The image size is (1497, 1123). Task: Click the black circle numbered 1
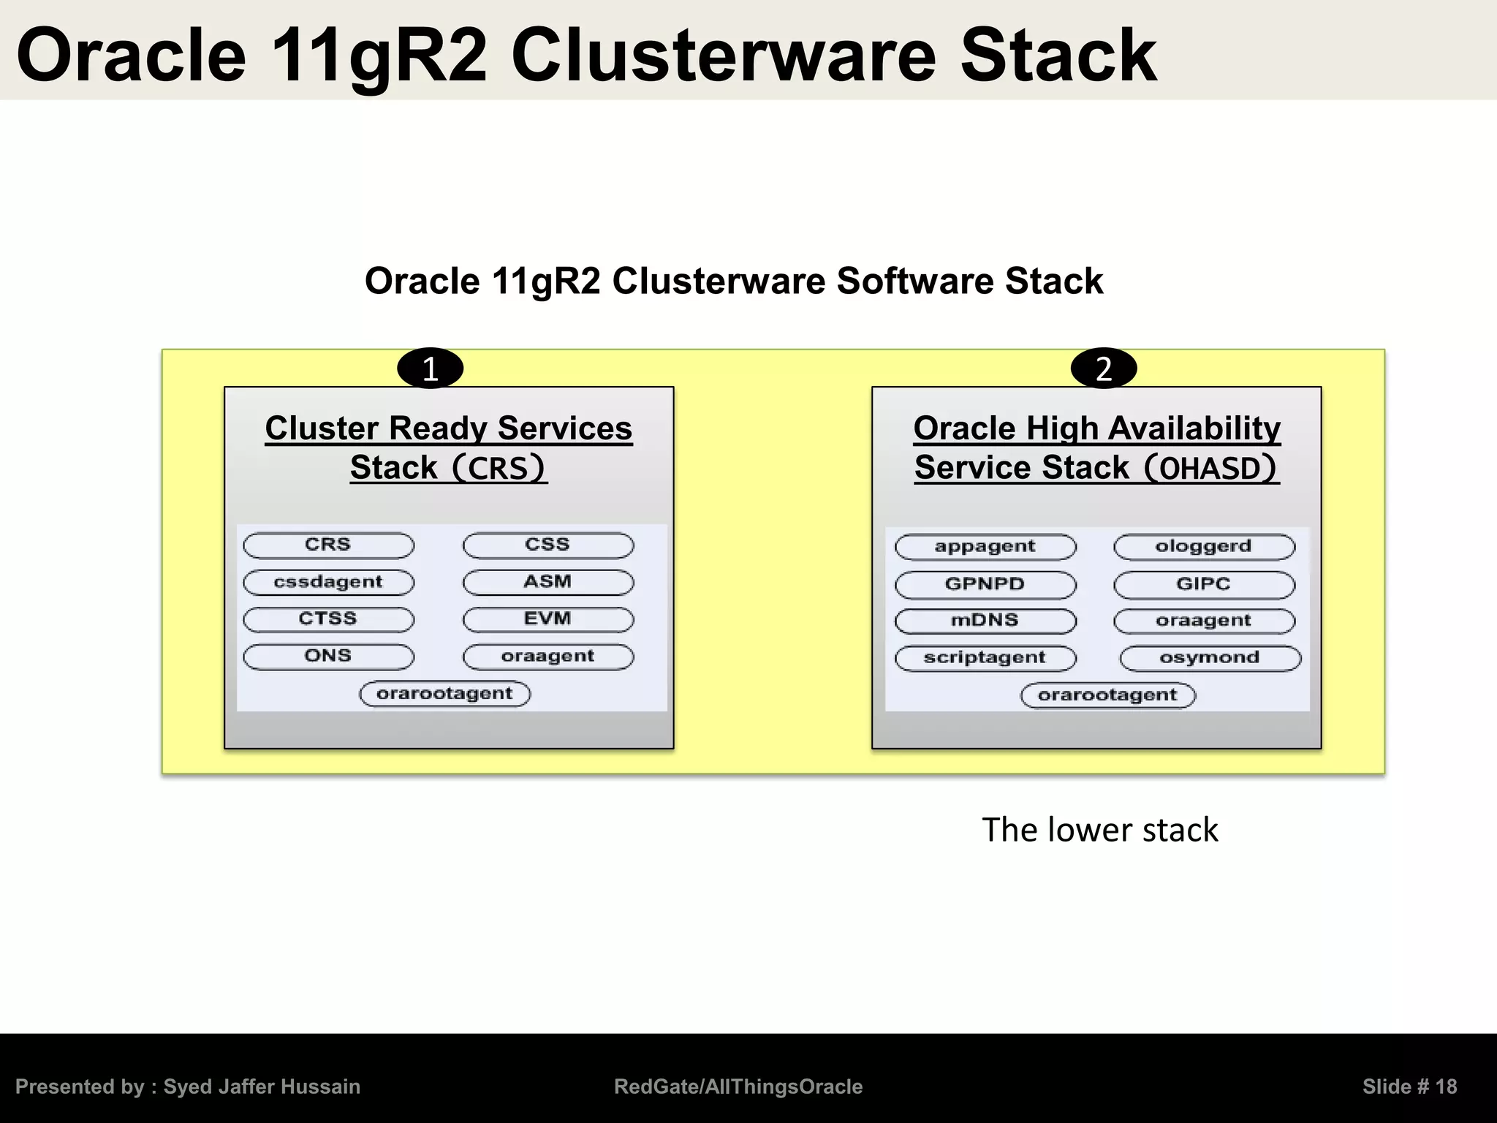coord(430,368)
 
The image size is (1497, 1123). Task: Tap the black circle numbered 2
coord(1103,368)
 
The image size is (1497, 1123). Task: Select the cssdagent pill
coord(328,582)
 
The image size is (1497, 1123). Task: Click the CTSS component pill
coord(328,619)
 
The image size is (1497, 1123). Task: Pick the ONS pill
coord(328,657)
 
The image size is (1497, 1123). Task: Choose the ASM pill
coord(548,582)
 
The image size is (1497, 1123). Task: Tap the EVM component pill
coord(548,619)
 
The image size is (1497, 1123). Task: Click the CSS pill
coord(548,545)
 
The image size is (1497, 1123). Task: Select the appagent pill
coord(985,547)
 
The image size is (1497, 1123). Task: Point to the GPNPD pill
coord(985,584)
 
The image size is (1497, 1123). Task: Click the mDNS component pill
coord(985,621)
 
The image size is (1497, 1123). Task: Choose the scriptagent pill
coord(985,658)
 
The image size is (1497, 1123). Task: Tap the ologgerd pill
coord(1204,547)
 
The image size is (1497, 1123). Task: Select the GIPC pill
coord(1204,584)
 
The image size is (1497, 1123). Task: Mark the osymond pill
coord(1210,658)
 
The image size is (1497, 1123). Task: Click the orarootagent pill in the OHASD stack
coord(1107,695)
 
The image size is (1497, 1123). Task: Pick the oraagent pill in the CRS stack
coord(548,657)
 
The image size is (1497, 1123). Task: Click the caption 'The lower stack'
coord(1099,831)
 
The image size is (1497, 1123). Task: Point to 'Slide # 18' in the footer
coord(1409,1086)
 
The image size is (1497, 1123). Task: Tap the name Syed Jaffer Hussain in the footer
coord(262,1086)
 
